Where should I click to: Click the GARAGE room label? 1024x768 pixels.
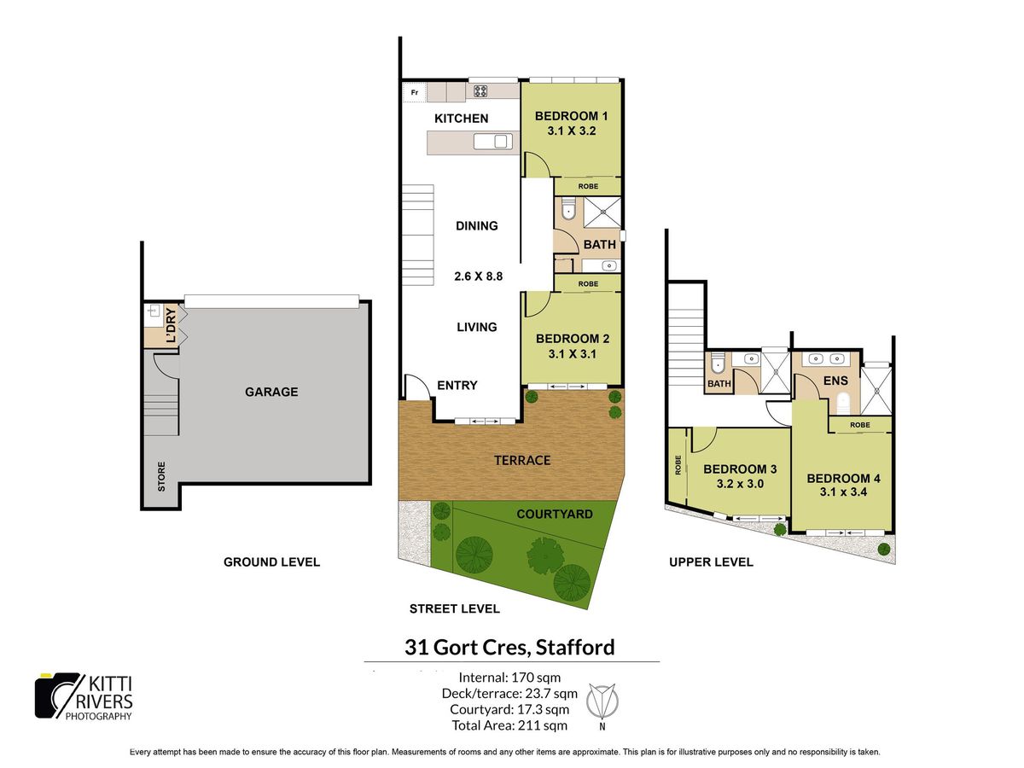pyautogui.click(x=271, y=392)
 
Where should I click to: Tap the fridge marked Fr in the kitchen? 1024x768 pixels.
pyautogui.click(x=414, y=92)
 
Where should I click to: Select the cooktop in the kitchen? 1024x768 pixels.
pyautogui.click(x=480, y=91)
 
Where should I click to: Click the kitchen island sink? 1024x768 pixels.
pyautogui.click(x=492, y=142)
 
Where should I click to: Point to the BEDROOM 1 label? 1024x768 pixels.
pyautogui.click(x=571, y=116)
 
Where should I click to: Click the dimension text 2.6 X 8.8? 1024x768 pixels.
pyautogui.click(x=478, y=276)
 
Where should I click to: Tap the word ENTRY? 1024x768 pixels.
pyautogui.click(x=457, y=385)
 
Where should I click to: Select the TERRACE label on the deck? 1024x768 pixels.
pyautogui.click(x=522, y=460)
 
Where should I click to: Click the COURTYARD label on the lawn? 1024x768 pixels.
pyautogui.click(x=554, y=514)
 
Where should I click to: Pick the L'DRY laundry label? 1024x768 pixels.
pyautogui.click(x=172, y=325)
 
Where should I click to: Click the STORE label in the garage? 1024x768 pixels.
pyautogui.click(x=161, y=476)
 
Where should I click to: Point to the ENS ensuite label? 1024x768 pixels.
pyautogui.click(x=835, y=381)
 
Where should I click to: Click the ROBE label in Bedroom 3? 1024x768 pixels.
pyautogui.click(x=678, y=465)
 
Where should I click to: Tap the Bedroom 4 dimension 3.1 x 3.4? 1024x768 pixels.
pyautogui.click(x=843, y=492)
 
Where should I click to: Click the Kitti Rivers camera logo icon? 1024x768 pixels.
pyautogui.click(x=57, y=695)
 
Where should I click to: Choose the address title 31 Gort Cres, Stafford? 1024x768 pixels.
pyautogui.click(x=509, y=647)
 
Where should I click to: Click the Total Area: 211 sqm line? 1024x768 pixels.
pyautogui.click(x=509, y=725)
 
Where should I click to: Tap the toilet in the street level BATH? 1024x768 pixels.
pyautogui.click(x=567, y=209)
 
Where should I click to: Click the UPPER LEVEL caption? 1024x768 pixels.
pyautogui.click(x=711, y=561)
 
